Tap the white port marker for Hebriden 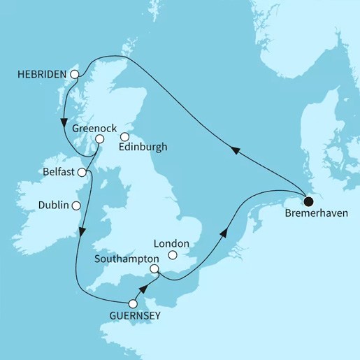click(74, 72)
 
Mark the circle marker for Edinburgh click(124, 138)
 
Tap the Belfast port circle click(82, 172)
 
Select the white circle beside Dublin click(76, 206)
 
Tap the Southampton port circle click(155, 268)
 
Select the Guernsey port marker click(133, 303)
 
